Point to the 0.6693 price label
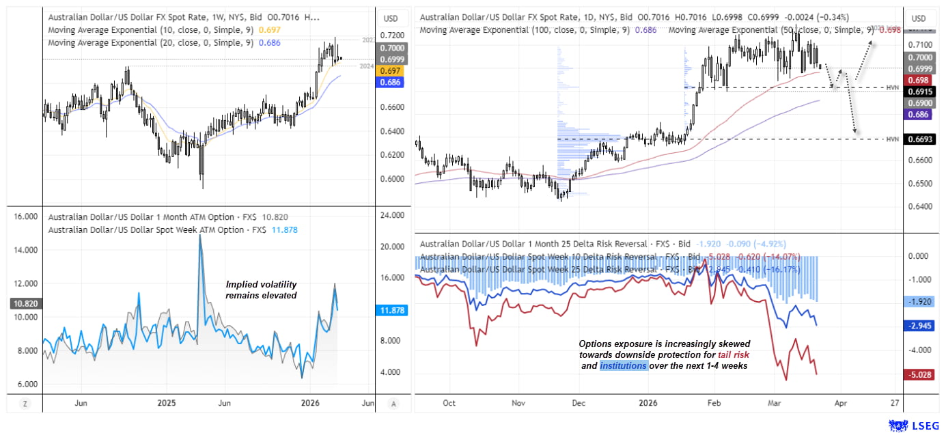[x=919, y=139]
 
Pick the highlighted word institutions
[x=624, y=366]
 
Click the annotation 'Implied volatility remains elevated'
[x=262, y=290]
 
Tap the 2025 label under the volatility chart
[x=167, y=403]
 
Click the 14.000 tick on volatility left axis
[x=25, y=251]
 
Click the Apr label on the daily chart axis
[x=840, y=403]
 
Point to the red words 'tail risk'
[x=736, y=355]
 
